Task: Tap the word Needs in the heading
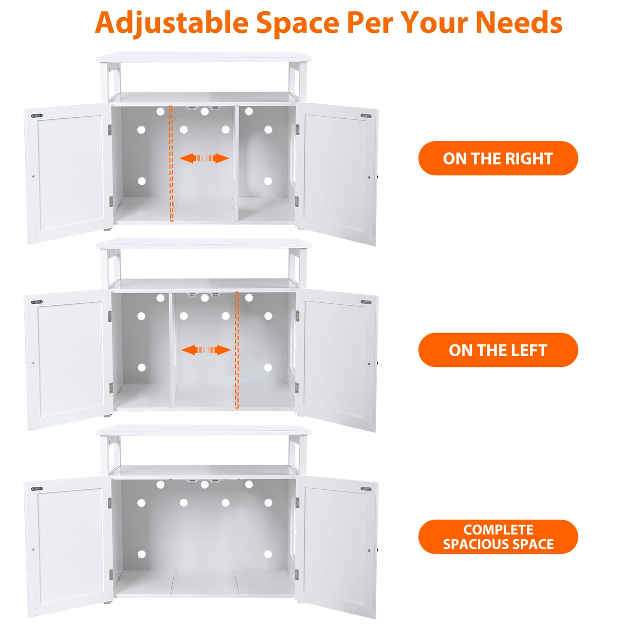coord(519,23)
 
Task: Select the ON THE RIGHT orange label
coord(498,158)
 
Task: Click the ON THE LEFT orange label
coord(498,350)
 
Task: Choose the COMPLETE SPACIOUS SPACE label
coord(498,537)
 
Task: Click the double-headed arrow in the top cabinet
coord(204,158)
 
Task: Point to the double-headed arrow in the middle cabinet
coord(206,350)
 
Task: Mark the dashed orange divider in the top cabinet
coord(171,163)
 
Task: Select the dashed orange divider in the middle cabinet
coord(237,350)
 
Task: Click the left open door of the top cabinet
coord(68,173)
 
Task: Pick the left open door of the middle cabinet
coord(68,360)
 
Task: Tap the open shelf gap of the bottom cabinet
coord(204,451)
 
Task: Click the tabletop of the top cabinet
coord(204,57)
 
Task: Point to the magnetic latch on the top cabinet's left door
coord(37,116)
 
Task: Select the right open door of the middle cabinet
coord(337,360)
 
